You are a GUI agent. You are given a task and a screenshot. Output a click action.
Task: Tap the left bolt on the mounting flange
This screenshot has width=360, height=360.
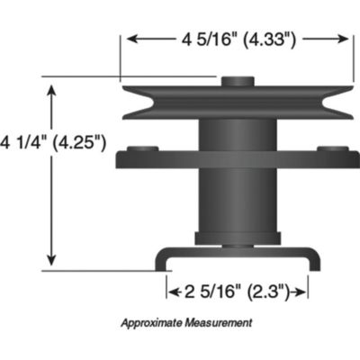140,149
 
